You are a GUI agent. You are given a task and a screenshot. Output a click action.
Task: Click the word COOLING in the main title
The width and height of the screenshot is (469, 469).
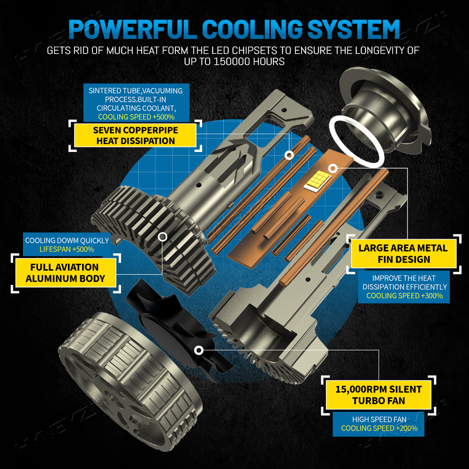253,29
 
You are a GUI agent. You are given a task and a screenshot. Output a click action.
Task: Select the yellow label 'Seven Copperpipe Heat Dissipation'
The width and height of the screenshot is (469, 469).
135,136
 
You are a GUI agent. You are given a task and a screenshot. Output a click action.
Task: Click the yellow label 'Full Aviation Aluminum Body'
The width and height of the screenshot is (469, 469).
66,273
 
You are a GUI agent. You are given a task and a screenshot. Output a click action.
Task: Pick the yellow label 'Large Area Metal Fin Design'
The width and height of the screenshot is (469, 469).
403,254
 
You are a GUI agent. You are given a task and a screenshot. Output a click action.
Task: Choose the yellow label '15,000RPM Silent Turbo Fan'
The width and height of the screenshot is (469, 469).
378,395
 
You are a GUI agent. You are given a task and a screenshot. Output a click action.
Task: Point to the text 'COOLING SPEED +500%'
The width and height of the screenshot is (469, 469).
136,117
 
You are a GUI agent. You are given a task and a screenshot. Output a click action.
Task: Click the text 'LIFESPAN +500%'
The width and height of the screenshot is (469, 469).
67,249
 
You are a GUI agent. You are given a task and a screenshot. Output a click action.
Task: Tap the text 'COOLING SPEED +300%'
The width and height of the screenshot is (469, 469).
404,296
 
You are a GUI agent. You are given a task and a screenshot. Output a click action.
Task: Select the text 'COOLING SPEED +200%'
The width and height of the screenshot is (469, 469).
379,428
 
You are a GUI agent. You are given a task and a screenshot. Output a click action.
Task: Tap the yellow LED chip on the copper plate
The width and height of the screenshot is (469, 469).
318,181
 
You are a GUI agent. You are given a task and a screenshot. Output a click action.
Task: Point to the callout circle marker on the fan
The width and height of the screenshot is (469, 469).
198,350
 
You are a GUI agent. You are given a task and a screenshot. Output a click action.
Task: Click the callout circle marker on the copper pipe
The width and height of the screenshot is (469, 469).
289,155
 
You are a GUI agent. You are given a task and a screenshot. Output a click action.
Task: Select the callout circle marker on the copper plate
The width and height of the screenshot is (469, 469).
333,169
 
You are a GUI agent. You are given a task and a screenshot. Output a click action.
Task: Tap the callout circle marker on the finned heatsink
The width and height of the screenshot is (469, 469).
162,237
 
